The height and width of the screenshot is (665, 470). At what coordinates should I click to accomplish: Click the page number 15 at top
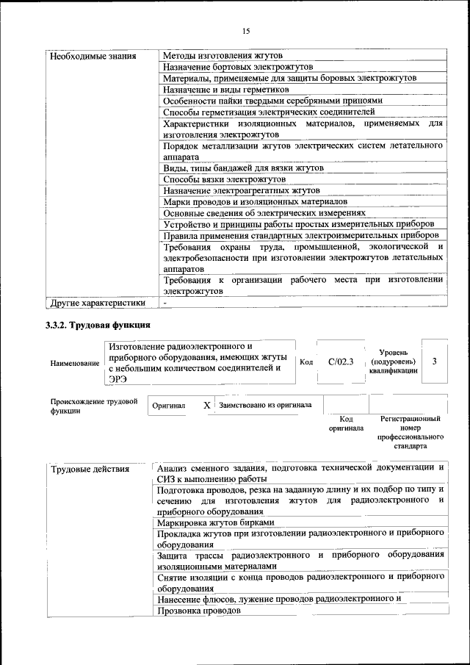pyautogui.click(x=245, y=30)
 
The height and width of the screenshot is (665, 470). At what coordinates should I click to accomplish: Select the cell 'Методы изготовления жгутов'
pyautogui.click(x=223, y=56)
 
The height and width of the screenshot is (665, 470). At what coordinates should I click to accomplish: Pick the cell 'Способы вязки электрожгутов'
pyautogui.click(x=224, y=179)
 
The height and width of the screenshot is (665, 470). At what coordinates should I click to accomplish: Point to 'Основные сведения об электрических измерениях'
pyautogui.click(x=264, y=212)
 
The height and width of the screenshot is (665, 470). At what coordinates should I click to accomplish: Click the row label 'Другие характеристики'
pyautogui.click(x=97, y=303)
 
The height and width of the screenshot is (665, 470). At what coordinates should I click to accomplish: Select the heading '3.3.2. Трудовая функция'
pyautogui.click(x=98, y=325)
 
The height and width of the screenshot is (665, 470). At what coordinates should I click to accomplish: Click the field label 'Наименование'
pyautogui.click(x=75, y=364)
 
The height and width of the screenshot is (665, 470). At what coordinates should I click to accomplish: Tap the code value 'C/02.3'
pyautogui.click(x=341, y=362)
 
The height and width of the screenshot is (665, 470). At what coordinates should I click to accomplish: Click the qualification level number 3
pyautogui.click(x=435, y=362)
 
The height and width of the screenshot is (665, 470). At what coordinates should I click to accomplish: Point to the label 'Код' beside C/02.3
pyautogui.click(x=306, y=362)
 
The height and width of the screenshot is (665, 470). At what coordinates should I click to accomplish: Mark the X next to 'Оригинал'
pyautogui.click(x=206, y=405)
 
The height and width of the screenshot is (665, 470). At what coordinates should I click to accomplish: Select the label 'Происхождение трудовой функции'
pyautogui.click(x=94, y=406)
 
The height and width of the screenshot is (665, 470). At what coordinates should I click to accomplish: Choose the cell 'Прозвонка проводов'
pyautogui.click(x=199, y=611)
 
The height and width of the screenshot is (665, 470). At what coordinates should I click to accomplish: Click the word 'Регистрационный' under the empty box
pyautogui.click(x=410, y=419)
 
